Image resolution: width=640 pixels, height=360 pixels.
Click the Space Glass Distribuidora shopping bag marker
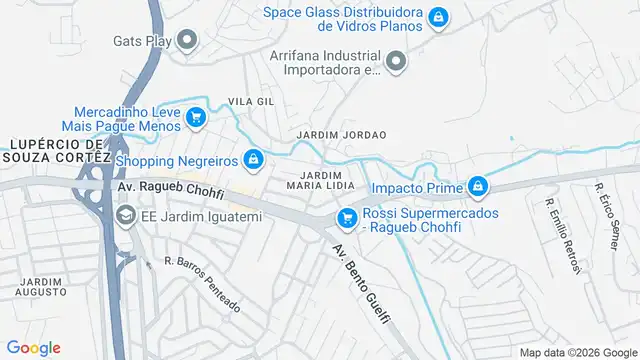click(x=437, y=17)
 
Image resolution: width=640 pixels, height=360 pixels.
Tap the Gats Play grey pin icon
click(x=187, y=41)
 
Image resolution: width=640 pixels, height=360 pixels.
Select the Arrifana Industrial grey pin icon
click(x=397, y=63)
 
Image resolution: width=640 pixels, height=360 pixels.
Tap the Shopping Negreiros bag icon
click(x=254, y=160)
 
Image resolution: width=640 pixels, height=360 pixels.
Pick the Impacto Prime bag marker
click(x=479, y=187)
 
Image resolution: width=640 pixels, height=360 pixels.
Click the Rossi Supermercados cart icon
click(x=347, y=216)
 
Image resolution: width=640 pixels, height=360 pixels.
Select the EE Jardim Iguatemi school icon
click(x=126, y=215)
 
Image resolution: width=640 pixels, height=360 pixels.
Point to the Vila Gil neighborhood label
click(x=251, y=102)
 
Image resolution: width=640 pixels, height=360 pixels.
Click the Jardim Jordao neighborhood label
click(x=341, y=134)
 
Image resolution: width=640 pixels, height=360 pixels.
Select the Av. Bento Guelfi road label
click(x=362, y=284)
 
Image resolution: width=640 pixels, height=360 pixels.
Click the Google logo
click(x=34, y=347)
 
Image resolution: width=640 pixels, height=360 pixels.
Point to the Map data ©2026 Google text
click(x=578, y=352)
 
